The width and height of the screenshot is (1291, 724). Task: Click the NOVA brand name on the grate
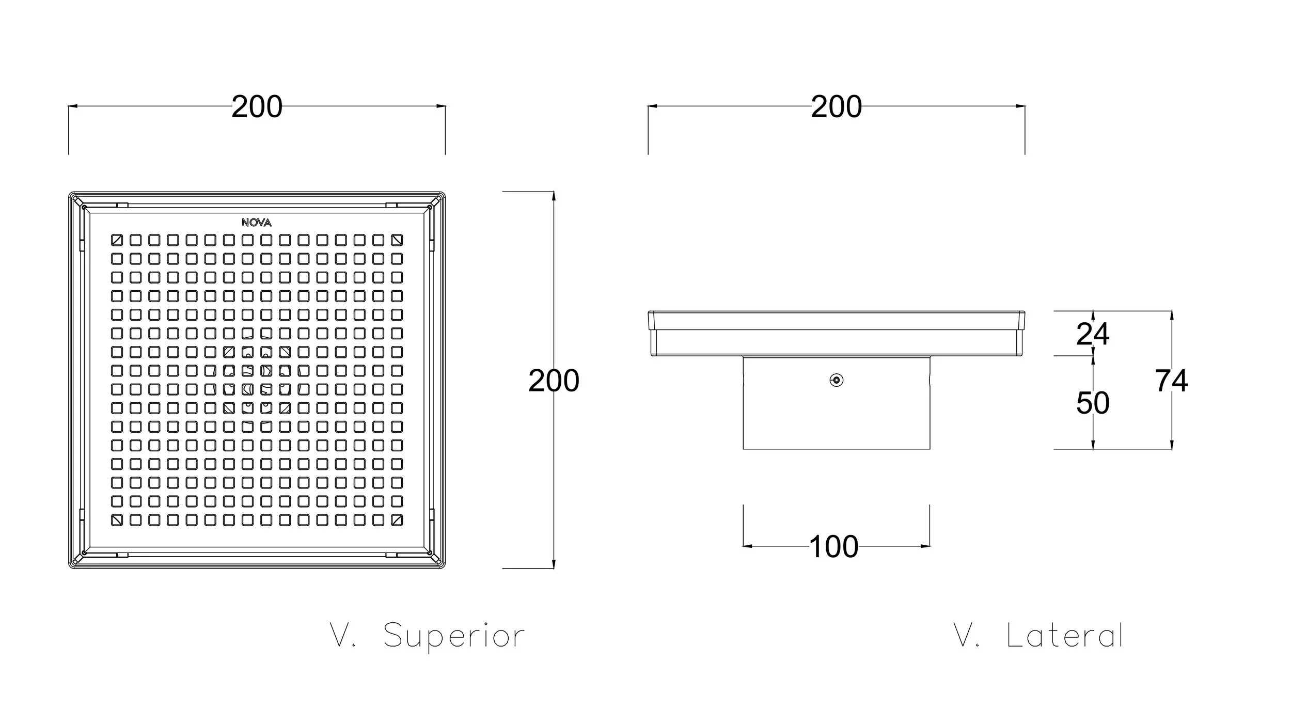257,223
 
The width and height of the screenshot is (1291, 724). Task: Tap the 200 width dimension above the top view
257,107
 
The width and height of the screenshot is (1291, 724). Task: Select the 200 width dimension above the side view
836,107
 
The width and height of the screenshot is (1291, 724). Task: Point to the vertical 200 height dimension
554,381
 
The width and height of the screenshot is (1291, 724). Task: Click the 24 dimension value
1093,334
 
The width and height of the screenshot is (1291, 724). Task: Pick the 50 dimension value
1093,403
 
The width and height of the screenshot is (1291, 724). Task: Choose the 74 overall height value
1171,381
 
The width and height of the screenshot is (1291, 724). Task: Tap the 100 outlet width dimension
834,546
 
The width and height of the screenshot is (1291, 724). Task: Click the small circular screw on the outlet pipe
837,381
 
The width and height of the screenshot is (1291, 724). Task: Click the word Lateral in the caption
1065,635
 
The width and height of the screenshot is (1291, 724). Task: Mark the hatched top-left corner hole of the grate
117,240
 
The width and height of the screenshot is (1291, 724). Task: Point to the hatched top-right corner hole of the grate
397,240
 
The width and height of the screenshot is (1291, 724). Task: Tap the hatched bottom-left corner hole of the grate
117,520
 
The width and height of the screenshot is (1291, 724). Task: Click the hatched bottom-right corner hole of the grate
397,520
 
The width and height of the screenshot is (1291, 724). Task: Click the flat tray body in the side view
837,334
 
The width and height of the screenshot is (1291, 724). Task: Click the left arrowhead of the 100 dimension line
747,546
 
